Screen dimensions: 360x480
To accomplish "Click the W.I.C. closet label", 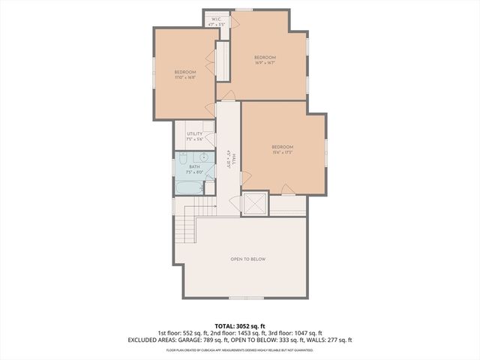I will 216,19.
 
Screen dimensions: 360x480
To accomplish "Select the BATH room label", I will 194,166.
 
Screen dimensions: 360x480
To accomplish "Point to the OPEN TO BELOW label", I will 247,259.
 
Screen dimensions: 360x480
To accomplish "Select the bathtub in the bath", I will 190,185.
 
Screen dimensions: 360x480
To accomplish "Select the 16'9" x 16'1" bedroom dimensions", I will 265,63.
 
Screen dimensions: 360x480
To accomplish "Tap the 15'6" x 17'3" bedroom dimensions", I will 282,151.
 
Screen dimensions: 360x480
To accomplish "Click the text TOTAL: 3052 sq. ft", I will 239,325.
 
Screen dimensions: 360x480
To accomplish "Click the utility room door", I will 210,139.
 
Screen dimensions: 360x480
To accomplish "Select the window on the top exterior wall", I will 244,10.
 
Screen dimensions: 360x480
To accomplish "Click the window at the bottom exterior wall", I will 239,298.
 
